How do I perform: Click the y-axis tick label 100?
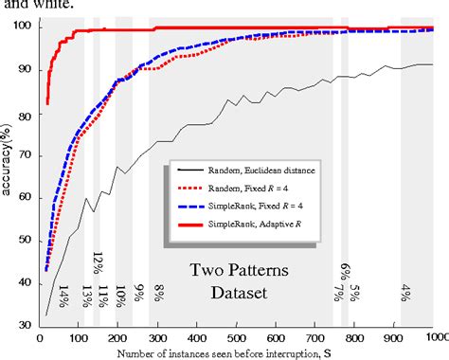22,27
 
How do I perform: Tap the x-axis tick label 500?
237,336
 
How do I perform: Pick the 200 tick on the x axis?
117,336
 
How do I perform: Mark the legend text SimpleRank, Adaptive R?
246,223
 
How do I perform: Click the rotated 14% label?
63,297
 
